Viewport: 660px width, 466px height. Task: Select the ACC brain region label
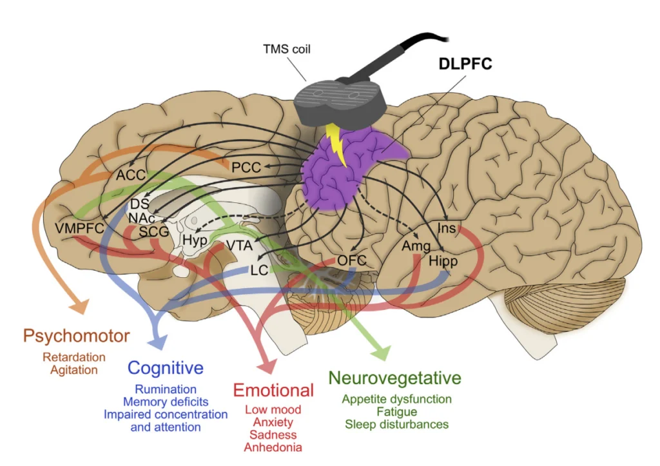131,175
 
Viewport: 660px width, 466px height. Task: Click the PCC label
246,168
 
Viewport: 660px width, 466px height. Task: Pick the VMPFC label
80,228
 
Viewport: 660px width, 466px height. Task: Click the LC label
259,271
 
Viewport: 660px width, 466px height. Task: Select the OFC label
352,260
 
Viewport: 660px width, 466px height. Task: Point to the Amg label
416,247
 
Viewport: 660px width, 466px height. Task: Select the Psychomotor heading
76,336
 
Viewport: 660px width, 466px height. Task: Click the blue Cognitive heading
166,368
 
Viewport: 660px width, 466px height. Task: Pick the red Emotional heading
273,390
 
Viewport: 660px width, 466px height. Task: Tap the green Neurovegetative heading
395,377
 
